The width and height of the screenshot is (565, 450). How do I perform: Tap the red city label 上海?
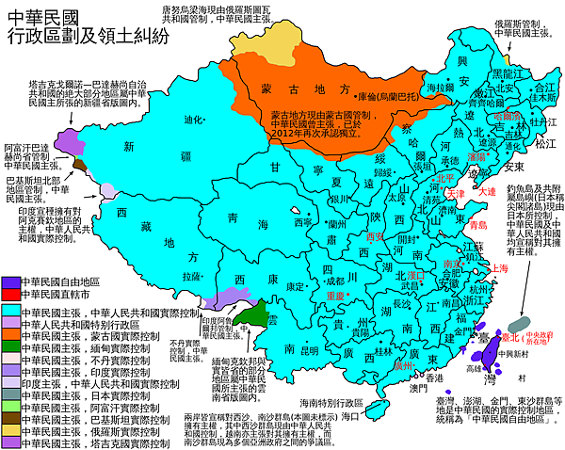(502, 268)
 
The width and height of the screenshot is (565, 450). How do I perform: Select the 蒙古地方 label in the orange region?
(294, 88)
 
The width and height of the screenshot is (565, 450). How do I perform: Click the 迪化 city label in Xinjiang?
(193, 121)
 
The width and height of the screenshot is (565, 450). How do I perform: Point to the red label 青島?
(477, 225)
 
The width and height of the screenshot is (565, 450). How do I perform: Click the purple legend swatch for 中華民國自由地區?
(9, 281)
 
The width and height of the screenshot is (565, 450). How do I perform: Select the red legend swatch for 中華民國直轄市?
(9, 295)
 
